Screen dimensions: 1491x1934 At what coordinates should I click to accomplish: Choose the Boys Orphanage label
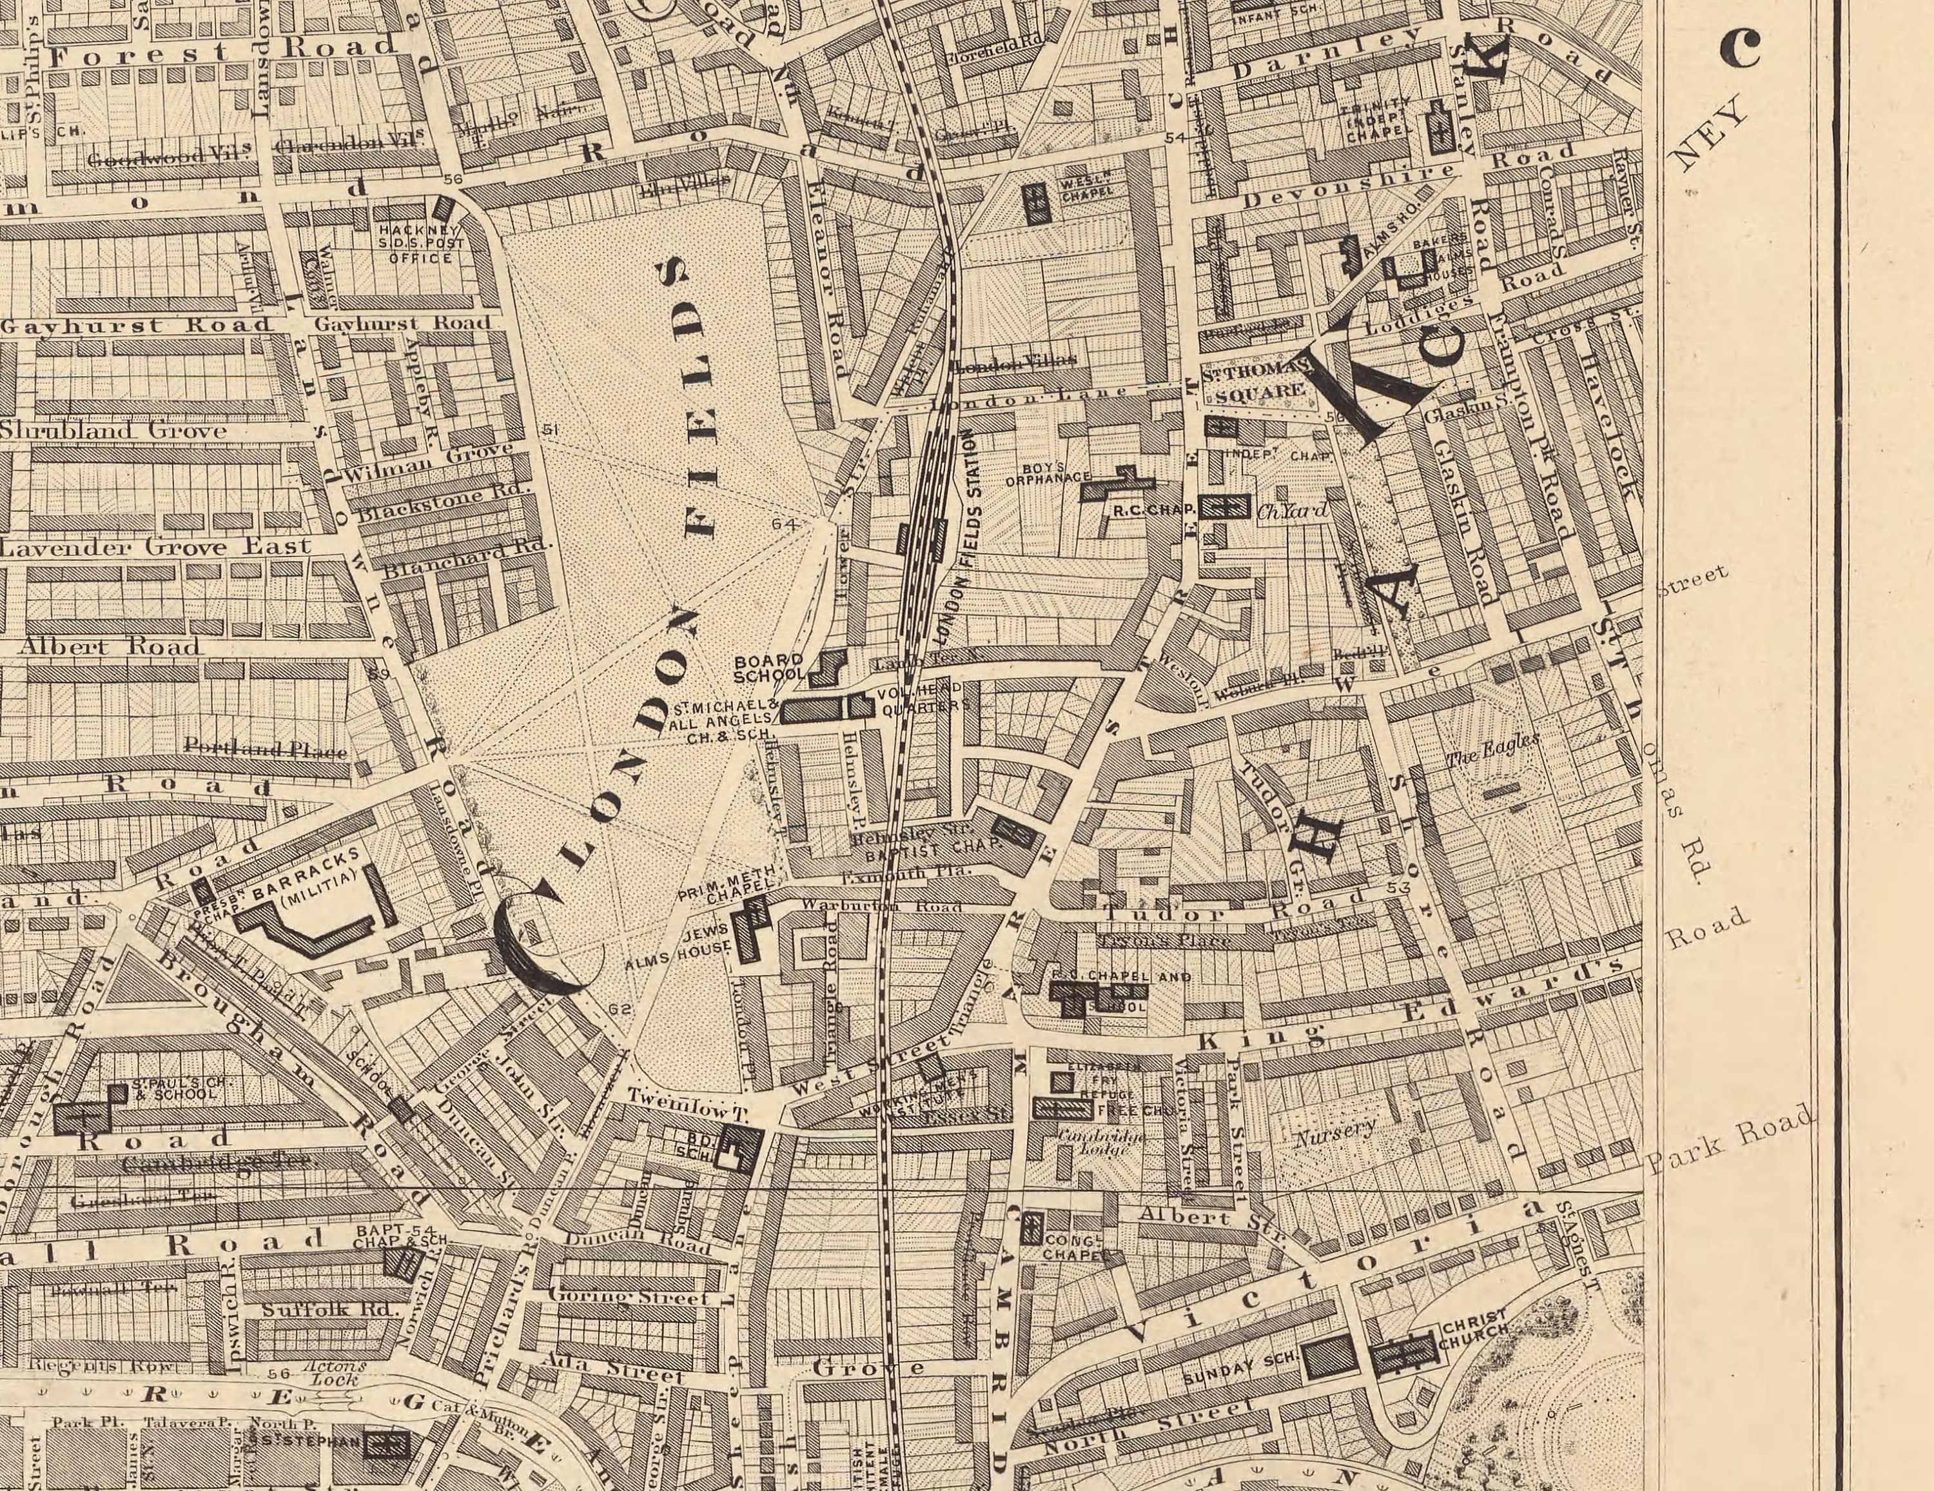pyautogui.click(x=1048, y=474)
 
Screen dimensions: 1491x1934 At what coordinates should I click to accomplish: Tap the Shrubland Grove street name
pyautogui.click(x=113, y=431)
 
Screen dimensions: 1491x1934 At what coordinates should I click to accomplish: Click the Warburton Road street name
pyautogui.click(x=881, y=907)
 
